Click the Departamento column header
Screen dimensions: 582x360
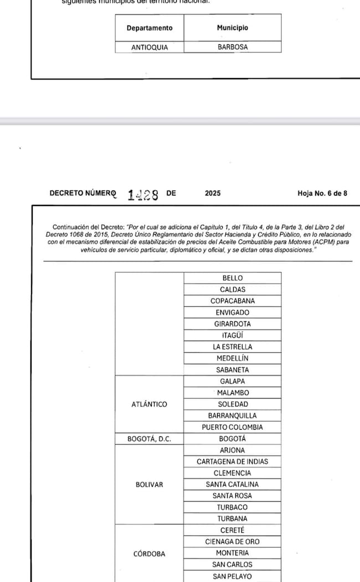tap(150, 28)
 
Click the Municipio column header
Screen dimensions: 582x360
tap(233, 28)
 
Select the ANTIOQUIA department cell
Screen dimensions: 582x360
tap(150, 48)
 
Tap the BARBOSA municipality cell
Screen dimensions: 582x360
tap(233, 48)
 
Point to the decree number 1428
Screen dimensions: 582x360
tap(143, 194)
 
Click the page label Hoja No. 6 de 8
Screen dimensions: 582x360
tap(322, 193)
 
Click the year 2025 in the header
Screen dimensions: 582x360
tap(213, 193)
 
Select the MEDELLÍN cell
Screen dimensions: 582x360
tap(233, 358)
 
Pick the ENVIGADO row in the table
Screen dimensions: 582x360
tap(233, 312)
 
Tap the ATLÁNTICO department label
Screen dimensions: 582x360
tap(149, 404)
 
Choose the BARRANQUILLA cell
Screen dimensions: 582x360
tap(233, 415)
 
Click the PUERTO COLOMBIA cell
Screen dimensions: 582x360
tap(233, 427)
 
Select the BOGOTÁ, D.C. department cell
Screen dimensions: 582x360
tap(149, 439)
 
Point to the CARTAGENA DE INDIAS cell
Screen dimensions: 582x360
tap(233, 461)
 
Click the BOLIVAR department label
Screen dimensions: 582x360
tap(149, 485)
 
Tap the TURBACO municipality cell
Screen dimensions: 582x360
tap(233, 507)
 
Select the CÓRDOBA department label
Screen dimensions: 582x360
tap(149, 553)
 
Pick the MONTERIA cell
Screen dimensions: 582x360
tap(233, 553)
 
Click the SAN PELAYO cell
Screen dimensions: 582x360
tap(233, 576)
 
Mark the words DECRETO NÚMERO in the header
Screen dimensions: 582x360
tap(83, 193)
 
